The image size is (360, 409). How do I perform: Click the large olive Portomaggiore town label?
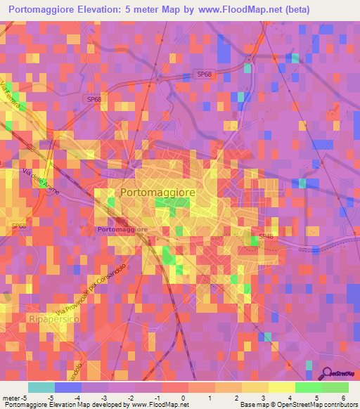157,191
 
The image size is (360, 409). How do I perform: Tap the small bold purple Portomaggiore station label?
122,229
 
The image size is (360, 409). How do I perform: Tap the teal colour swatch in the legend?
41,387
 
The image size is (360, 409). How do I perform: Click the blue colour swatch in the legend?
68,387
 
